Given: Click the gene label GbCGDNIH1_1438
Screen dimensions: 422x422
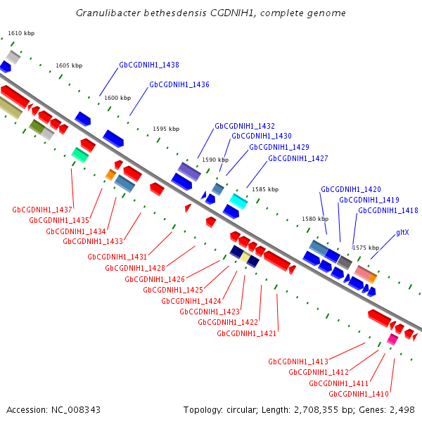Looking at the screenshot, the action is click(149, 65).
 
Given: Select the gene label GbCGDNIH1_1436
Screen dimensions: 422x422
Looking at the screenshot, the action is click(179, 84).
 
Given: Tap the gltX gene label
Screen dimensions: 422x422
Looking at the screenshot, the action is click(402, 232).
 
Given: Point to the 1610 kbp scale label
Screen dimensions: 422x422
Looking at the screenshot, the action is click(21, 33).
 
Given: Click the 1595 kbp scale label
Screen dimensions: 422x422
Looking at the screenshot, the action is click(166, 129).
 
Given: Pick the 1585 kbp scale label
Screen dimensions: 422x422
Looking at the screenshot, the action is click(265, 189).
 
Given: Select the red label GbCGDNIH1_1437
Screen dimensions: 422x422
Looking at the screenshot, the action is click(42, 210).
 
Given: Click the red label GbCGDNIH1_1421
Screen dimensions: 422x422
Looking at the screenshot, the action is click(247, 333).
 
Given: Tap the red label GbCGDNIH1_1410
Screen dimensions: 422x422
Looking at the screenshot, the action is click(359, 394).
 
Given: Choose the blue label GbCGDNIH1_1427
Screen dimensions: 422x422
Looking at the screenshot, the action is click(298, 158).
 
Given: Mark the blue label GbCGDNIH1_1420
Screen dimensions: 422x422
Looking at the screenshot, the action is click(351, 189).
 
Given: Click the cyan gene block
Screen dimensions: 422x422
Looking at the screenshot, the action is click(238, 202).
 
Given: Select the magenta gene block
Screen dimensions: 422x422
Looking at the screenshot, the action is click(392, 339).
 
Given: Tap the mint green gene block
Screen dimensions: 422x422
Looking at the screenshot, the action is click(80, 155).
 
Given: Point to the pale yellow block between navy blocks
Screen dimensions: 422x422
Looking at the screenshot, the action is click(245, 257).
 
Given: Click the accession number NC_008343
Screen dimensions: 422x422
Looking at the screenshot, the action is click(76, 410).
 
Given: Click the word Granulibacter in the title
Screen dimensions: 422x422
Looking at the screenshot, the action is click(108, 13).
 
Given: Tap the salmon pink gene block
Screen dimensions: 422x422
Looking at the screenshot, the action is click(363, 272).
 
